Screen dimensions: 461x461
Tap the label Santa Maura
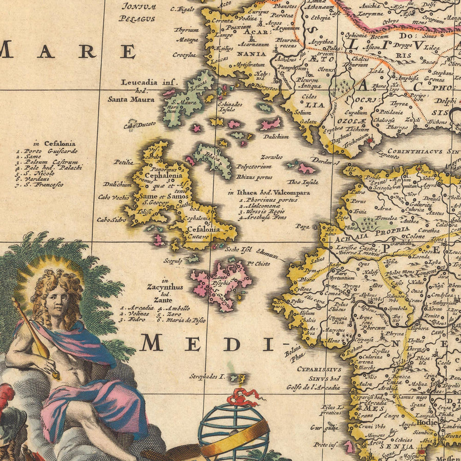pos(131,99)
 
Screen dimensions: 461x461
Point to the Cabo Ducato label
pos(134,124)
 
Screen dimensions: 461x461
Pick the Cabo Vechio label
pos(113,197)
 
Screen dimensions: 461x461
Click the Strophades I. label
pos(207,376)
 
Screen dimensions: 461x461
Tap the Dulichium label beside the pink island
pos(276,136)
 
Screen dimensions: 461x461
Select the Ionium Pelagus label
pos(137,12)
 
